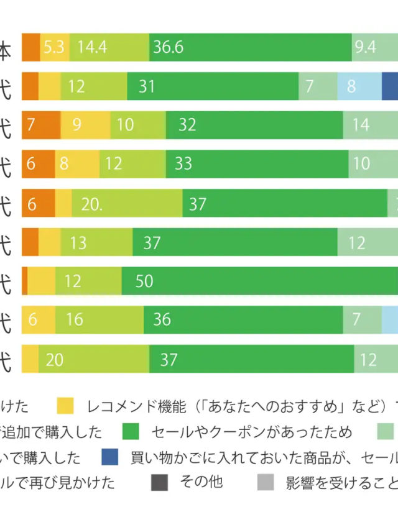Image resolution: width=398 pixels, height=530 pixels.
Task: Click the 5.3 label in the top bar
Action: [x=54, y=48]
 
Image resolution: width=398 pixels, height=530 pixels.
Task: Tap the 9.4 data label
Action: [x=365, y=48]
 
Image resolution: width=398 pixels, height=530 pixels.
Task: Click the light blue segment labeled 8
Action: [x=359, y=86]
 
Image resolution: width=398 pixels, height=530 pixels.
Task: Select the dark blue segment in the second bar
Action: [x=390, y=86]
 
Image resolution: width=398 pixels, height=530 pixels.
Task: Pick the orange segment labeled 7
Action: [x=40, y=125]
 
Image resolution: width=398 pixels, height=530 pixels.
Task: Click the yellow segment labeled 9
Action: [x=85, y=125]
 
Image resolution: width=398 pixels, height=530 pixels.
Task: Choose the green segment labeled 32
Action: [x=254, y=125]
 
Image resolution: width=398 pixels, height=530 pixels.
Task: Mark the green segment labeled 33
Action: [x=257, y=163]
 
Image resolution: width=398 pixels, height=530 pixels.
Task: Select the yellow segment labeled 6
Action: [x=38, y=319]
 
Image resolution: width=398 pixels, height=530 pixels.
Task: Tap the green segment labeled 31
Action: [x=213, y=86]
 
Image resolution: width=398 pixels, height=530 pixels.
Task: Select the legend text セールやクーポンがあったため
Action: [x=252, y=432]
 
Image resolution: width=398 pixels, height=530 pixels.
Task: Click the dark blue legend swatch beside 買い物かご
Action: [x=109, y=457]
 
